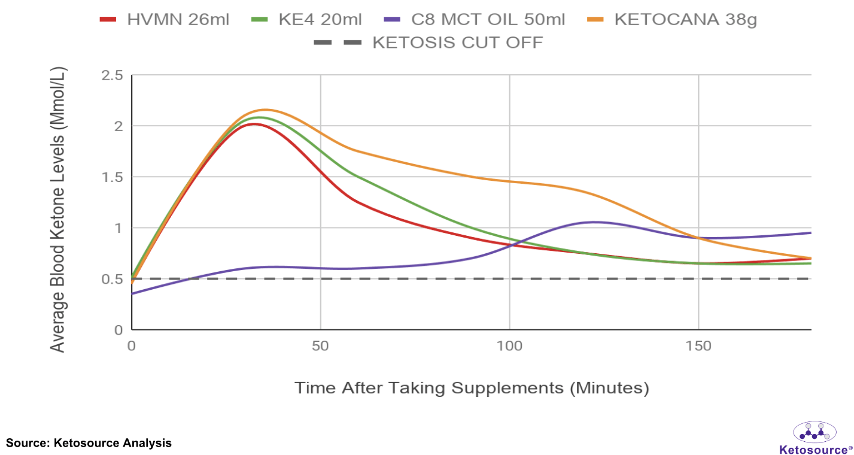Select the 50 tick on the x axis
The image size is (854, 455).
[x=321, y=346]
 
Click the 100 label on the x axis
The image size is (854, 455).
[x=509, y=346]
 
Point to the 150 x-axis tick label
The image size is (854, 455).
[x=698, y=346]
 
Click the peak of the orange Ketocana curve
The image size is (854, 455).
[x=264, y=110]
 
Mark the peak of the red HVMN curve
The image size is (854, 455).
[x=254, y=124]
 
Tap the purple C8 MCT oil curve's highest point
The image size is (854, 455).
[x=593, y=222]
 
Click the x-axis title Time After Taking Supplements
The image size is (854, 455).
[x=472, y=387]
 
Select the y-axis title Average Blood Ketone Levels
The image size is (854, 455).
[x=57, y=210]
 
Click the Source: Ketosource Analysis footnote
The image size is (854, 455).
[x=89, y=443]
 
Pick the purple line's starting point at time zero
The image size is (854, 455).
[x=132, y=294]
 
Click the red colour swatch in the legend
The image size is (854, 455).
[x=108, y=19]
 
